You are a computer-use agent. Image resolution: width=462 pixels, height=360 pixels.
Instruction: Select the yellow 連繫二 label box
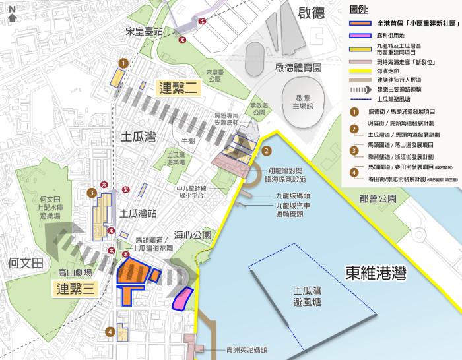(178, 88)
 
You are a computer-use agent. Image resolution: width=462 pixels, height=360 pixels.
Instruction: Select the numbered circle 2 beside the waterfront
(266, 151)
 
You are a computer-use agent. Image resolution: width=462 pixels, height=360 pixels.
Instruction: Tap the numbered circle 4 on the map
(111, 332)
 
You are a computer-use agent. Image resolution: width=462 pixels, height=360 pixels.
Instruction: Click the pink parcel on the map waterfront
(182, 298)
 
